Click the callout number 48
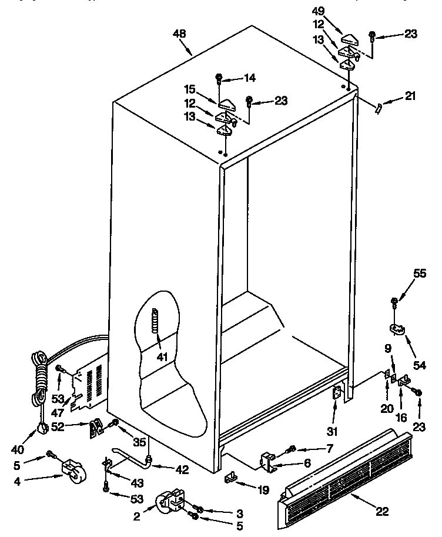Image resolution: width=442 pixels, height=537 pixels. point(179,34)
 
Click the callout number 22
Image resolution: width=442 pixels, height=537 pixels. point(381,511)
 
